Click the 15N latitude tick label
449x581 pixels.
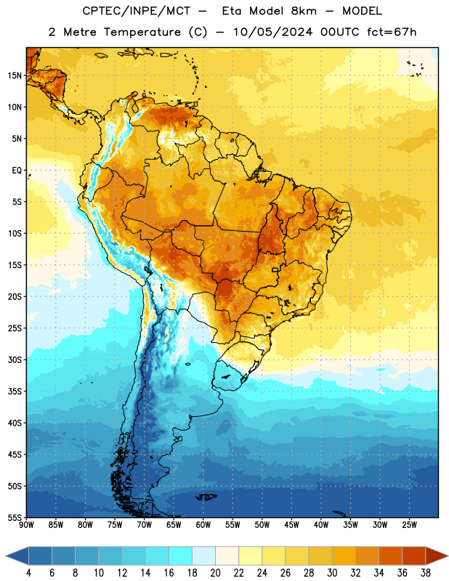coord(15,76)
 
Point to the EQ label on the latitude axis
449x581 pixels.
coord(17,171)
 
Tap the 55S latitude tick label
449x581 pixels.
coord(15,517)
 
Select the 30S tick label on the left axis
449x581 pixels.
coord(15,359)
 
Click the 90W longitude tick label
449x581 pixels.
coord(27,525)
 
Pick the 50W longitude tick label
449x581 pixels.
coord(262,525)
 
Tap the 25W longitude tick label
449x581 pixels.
coord(409,525)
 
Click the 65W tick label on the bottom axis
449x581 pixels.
coord(174,525)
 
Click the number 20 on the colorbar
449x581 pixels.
coord(215,573)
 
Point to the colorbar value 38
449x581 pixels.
coord(426,573)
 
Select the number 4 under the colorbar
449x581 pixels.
coord(28,573)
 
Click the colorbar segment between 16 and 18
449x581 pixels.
coord(181,556)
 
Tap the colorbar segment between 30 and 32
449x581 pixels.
coord(344,556)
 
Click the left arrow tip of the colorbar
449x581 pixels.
coord(6,556)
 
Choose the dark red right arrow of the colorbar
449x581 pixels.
coord(437,556)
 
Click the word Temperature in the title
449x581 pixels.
coord(142,32)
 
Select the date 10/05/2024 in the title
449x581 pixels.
coord(273,32)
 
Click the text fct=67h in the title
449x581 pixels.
coord(392,32)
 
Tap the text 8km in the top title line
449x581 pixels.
coord(304,11)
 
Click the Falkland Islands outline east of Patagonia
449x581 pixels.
coord(206,497)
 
